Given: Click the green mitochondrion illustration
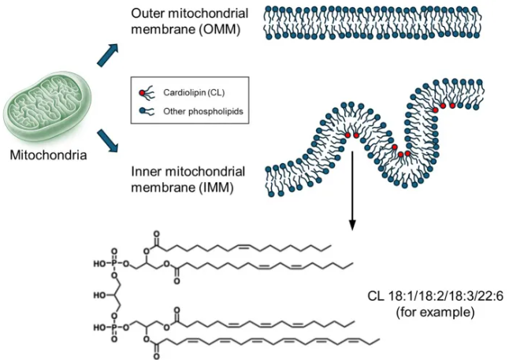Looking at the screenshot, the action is coord(48,106).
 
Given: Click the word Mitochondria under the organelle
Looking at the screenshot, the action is coord(48,155).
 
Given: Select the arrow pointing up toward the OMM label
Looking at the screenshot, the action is coord(108,55).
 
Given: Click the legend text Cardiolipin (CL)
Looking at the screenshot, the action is coord(194,93).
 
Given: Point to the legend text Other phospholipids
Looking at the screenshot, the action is coord(203,112).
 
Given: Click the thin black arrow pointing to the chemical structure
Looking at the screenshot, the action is coord(352,190).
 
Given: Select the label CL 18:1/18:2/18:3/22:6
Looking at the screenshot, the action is coord(435,296).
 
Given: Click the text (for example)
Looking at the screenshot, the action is coord(435,312).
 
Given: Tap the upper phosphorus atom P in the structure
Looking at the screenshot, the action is coord(114,264).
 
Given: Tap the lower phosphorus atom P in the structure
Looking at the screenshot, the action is coord(114,328).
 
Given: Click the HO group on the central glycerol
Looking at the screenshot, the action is coord(99,295).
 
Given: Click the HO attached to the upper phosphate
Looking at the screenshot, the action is coord(99,264).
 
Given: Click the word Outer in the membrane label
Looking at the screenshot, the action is coord(146,13).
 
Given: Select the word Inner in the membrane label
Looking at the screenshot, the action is coord(146,172).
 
